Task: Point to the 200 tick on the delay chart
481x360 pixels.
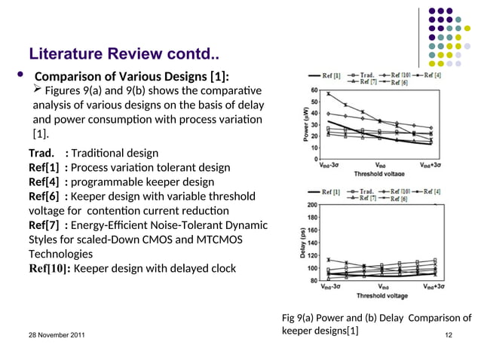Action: [x=310, y=204]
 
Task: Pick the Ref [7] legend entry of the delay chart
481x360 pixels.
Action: [x=366, y=199]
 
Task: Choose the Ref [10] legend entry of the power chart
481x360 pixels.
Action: [x=402, y=76]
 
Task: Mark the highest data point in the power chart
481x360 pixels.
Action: [x=329, y=94]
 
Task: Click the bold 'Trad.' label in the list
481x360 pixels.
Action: [x=41, y=153]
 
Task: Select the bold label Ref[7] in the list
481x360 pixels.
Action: [x=44, y=224]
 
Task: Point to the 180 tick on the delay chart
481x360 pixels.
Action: [x=310, y=218]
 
